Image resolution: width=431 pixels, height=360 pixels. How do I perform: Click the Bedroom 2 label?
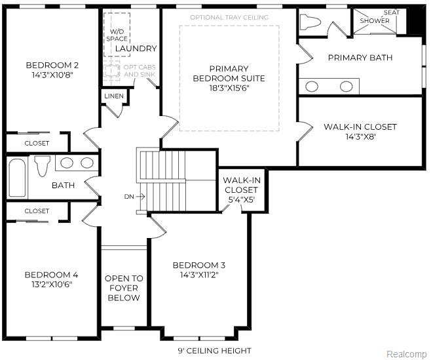pos(52,65)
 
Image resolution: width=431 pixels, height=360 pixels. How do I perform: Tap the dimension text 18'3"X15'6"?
pos(229,88)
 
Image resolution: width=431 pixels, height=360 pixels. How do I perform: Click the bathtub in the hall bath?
pos(17,176)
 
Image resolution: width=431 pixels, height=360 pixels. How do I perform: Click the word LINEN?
pos(113,97)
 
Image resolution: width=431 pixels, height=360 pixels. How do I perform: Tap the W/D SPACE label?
pos(117,35)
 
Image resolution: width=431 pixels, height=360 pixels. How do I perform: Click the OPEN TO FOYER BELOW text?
pos(124,288)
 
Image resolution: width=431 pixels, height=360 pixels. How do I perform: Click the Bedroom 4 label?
pos(51,274)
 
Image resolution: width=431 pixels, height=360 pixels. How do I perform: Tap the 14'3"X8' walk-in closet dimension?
pos(360,136)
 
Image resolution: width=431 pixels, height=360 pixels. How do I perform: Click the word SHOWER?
pos(375,21)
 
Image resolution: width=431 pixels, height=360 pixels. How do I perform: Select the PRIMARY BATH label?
pos(360,58)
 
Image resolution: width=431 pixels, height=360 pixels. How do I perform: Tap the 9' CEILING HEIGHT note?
pos(215,351)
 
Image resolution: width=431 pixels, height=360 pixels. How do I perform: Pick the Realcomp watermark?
pos(406,354)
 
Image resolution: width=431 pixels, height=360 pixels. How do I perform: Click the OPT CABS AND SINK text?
pos(140,70)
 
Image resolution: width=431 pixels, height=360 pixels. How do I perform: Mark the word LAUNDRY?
pos(136,49)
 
